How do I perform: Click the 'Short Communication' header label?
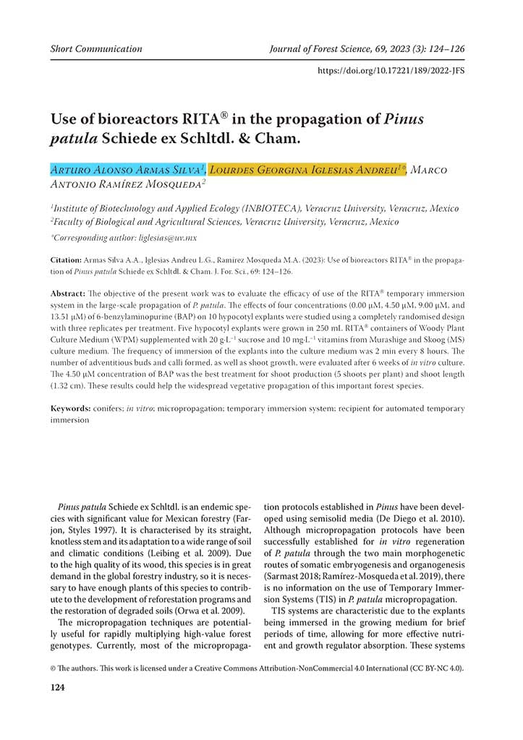(96, 49)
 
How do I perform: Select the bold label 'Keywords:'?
(71, 409)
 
